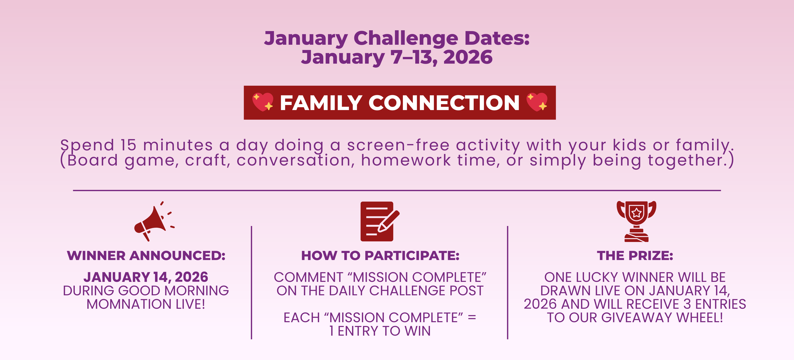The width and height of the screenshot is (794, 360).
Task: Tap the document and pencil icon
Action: pyautogui.click(x=380, y=221)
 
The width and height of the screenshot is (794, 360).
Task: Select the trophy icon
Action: pyautogui.click(x=636, y=221)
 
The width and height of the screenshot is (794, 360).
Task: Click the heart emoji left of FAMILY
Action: pyautogui.click(x=263, y=102)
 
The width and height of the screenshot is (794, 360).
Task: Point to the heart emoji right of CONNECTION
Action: pyautogui.click(x=537, y=102)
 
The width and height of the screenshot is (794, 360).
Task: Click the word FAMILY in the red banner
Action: pyautogui.click(x=321, y=103)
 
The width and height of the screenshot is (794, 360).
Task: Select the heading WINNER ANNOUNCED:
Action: pyautogui.click(x=146, y=256)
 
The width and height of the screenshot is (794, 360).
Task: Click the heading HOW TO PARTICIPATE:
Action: pyautogui.click(x=380, y=256)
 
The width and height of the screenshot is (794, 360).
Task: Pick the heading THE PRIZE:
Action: pyautogui.click(x=635, y=256)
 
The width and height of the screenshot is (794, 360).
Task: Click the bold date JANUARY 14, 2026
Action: pyautogui.click(x=146, y=277)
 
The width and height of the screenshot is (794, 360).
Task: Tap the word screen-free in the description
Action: pyautogui.click(x=398, y=145)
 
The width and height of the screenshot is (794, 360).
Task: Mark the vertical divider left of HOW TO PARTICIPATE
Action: pyautogui.click(x=251, y=283)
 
